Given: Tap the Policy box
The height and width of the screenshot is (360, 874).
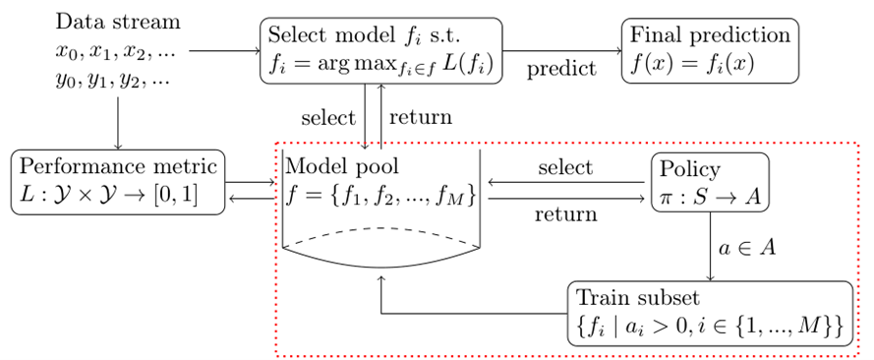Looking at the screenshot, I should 708,182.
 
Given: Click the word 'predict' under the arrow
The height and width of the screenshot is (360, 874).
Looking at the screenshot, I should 560,71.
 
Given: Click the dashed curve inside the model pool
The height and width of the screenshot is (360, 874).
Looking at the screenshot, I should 380,237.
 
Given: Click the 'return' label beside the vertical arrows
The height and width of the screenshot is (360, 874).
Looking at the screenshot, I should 420,117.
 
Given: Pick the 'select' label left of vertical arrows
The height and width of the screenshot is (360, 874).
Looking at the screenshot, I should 328,117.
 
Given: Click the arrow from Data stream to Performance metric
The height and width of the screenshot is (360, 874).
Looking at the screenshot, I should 118,123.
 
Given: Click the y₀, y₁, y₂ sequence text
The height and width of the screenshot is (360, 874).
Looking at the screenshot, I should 112,79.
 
